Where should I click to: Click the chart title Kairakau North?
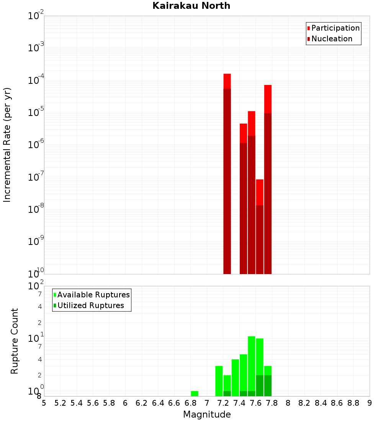(x=191, y=6)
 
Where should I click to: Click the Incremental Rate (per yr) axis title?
(x=7, y=145)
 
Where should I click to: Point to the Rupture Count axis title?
(x=15, y=341)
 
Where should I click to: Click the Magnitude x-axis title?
(x=207, y=414)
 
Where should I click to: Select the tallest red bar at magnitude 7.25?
(x=227, y=172)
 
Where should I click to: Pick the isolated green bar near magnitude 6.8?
(x=195, y=393)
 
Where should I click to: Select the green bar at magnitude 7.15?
(x=219, y=381)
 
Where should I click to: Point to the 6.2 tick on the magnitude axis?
(x=142, y=403)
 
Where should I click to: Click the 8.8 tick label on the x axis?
(x=353, y=403)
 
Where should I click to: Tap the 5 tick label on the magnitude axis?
(x=44, y=403)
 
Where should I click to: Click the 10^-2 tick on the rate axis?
(x=36, y=16)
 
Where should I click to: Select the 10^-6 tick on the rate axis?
(x=36, y=145)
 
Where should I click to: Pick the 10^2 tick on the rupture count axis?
(x=36, y=286)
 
